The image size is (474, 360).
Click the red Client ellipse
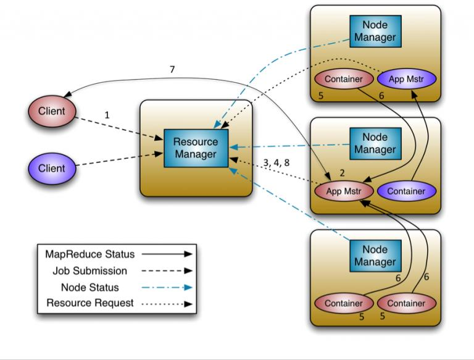pyautogui.click(x=51, y=111)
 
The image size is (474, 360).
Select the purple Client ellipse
pyautogui.click(x=51, y=168)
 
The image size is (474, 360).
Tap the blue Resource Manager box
pyautogui.click(x=196, y=148)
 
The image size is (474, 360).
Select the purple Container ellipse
pyautogui.click(x=406, y=191)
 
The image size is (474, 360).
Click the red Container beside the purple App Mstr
pyautogui.click(x=344, y=79)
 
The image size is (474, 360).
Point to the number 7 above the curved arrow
pyautogui.click(x=172, y=70)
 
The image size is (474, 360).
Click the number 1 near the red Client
pyautogui.click(x=107, y=115)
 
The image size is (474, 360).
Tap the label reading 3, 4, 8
pyautogui.click(x=276, y=162)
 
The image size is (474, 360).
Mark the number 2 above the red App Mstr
pyautogui.click(x=342, y=174)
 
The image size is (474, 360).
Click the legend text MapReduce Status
pyautogui.click(x=89, y=254)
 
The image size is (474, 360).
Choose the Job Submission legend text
pyautogui.click(x=90, y=270)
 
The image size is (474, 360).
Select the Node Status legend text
pyautogui.click(x=90, y=287)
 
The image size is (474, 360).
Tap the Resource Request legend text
pyautogui.click(x=90, y=303)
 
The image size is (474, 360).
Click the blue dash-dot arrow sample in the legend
pyautogui.click(x=166, y=287)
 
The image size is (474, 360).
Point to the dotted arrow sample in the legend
pyautogui.click(x=166, y=304)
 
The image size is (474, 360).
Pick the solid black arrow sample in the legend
pyautogui.click(x=166, y=254)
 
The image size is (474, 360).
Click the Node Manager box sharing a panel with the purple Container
pyautogui.click(x=375, y=143)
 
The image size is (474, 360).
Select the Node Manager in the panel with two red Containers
pyautogui.click(x=375, y=256)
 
